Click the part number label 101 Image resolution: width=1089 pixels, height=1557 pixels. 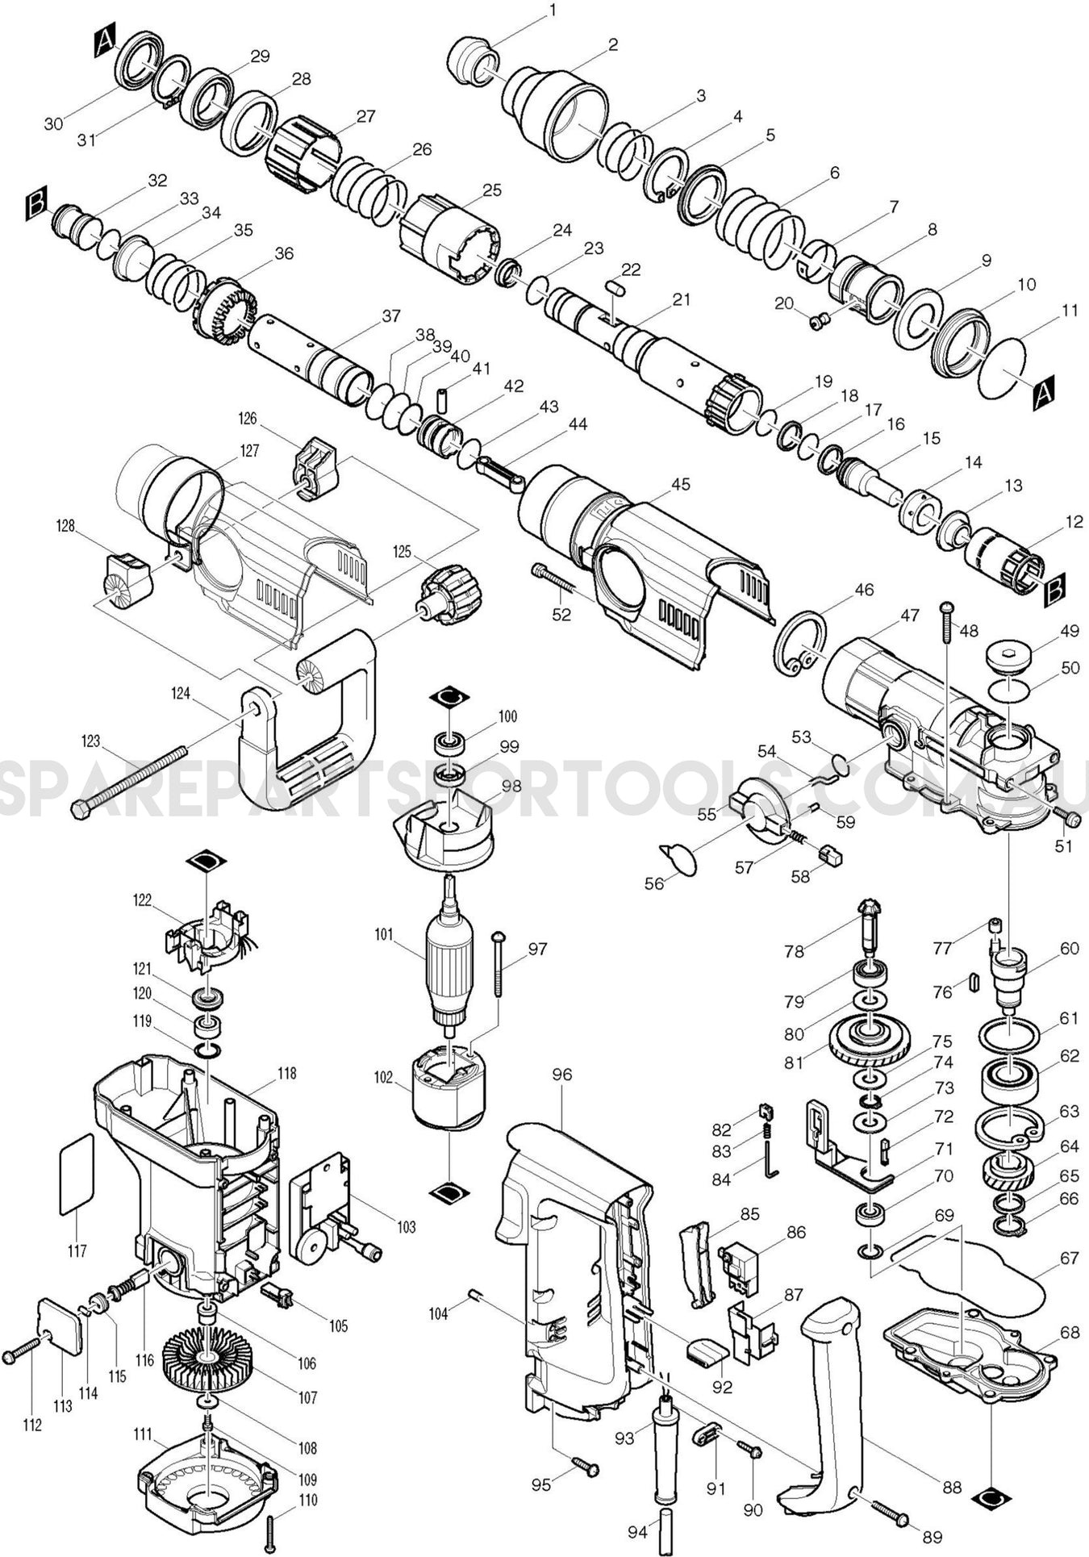(x=382, y=935)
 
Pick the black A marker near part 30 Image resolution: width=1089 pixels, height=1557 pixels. (x=105, y=41)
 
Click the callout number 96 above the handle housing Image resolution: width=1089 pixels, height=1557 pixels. (x=561, y=1075)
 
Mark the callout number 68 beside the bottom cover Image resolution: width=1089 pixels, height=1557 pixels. (x=1069, y=1333)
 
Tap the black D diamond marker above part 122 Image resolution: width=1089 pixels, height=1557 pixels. (x=207, y=862)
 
